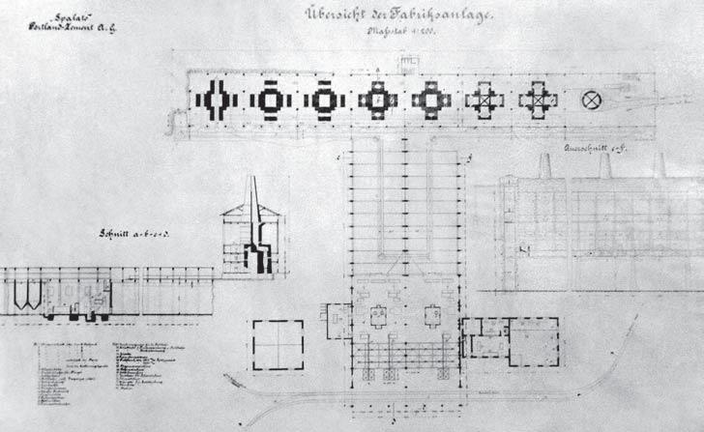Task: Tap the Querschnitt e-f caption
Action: coord(585,151)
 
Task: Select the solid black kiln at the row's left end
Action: coord(214,99)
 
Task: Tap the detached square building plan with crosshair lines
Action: coord(278,344)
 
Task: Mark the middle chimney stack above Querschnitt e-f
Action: coord(604,165)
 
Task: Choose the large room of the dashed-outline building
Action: coord(532,342)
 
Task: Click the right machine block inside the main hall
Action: coord(432,315)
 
